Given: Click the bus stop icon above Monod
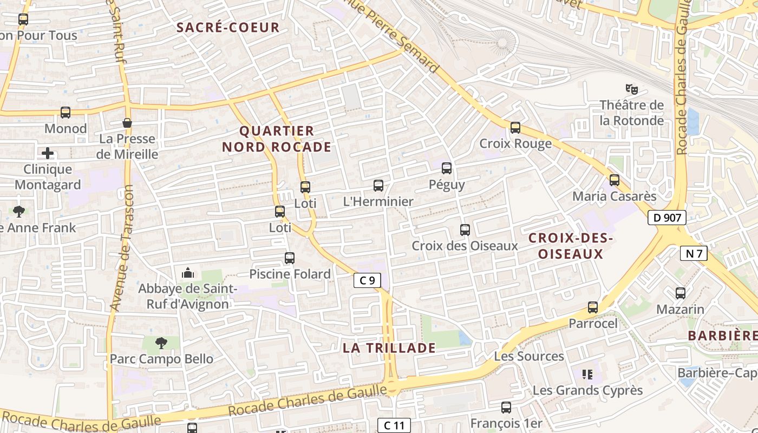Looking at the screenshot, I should click(66, 113).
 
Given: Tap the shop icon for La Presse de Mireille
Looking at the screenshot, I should click(127, 123).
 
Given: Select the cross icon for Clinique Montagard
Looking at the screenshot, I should click(48, 153).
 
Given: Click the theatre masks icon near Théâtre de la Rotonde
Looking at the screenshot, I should click(630, 88).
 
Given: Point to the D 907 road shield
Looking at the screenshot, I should click(667, 218).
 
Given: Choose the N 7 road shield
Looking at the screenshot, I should click(694, 253).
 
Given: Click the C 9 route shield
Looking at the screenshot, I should click(367, 280).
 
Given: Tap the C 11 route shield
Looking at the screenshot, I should click(394, 425).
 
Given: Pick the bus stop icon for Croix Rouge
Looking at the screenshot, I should click(515, 128).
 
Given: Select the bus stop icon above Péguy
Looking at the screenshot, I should click(447, 168).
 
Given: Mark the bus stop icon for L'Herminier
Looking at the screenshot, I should click(378, 186).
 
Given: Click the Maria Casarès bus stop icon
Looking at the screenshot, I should click(615, 180).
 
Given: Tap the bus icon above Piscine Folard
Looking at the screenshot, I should click(290, 258).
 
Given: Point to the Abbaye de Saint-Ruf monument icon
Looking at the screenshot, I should click(188, 273).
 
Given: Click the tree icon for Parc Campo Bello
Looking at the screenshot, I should click(161, 343).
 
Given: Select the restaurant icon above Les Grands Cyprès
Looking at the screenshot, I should click(586, 375).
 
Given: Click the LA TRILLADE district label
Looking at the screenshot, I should click(389, 348).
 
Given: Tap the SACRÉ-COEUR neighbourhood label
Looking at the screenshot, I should click(228, 28).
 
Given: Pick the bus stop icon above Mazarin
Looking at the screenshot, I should click(681, 293).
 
